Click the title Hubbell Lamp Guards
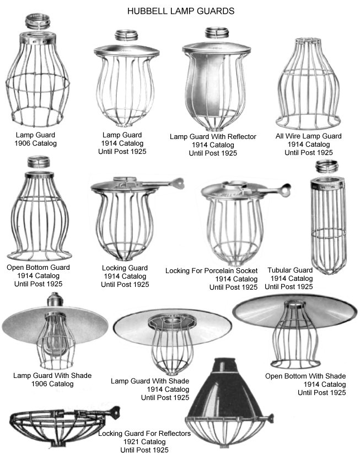click(x=181, y=11)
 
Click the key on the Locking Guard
click(x=176, y=183)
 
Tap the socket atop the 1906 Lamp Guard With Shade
click(x=55, y=299)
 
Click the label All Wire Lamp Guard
click(x=308, y=136)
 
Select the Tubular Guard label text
click(x=290, y=270)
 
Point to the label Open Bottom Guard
click(x=38, y=268)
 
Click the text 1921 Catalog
click(x=144, y=442)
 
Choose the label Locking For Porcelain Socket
click(x=211, y=271)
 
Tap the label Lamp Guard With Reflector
click(x=213, y=136)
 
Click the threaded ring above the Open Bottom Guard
click(x=39, y=162)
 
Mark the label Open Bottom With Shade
click(x=305, y=376)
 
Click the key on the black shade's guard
click(x=271, y=418)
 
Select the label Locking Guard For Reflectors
click(x=144, y=433)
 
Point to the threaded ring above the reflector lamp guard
click(x=217, y=33)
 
